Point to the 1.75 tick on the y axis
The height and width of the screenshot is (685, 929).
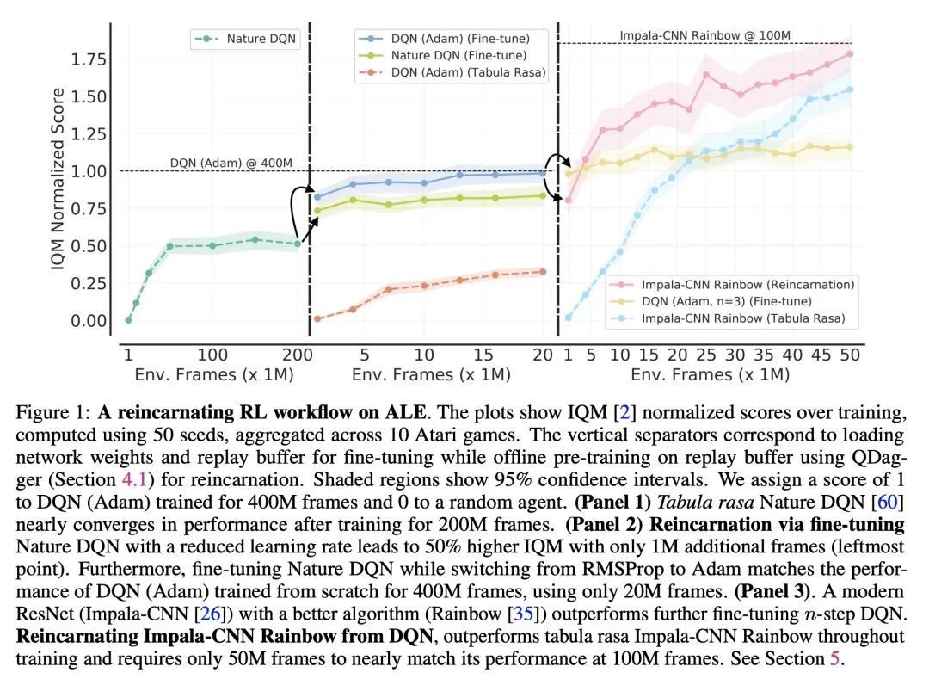point(89,59)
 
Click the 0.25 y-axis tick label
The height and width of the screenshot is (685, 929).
point(89,284)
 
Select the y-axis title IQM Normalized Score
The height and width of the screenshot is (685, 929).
point(58,178)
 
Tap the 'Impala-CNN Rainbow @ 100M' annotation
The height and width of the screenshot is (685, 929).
point(704,35)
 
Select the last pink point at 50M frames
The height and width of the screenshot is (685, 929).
point(850,54)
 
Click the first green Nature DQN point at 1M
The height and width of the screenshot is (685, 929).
point(128,320)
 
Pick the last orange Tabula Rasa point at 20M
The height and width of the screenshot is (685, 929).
point(543,272)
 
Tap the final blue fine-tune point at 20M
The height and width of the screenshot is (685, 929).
point(543,173)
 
